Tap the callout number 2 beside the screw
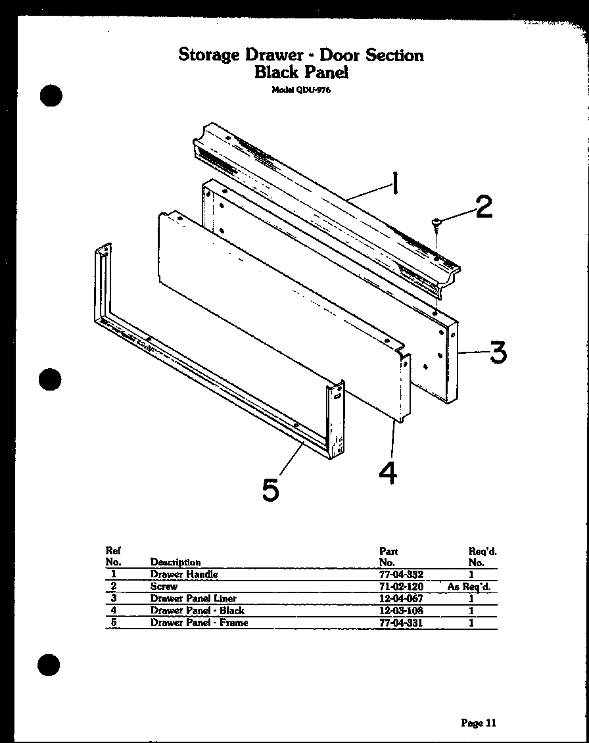pos(483,207)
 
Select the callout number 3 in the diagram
pos(498,352)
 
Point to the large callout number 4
pos(389,474)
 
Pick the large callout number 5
pos(270,490)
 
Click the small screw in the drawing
pos(436,225)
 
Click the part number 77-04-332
pos(401,574)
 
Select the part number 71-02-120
pos(401,587)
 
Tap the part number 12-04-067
pos(401,598)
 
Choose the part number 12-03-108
pos(401,610)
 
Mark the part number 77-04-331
pos(401,623)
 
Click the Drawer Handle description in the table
pos(183,574)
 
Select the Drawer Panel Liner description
pos(193,598)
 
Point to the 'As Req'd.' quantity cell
pos(469,587)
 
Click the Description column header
pos(176,562)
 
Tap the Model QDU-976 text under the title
pos(301,90)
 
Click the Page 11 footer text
pos(479,723)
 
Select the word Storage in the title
pos(209,55)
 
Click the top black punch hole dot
pos(51,96)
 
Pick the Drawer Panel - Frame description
pos(199,623)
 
